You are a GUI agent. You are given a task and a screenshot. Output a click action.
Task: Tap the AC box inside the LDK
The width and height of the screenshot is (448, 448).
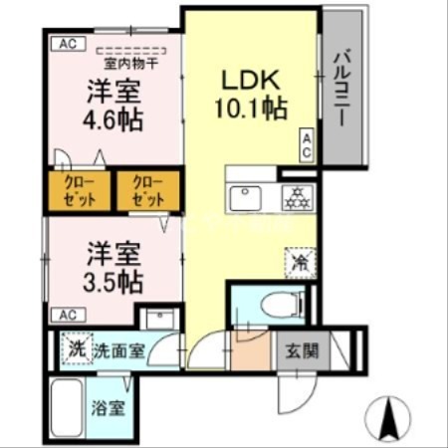[308, 144]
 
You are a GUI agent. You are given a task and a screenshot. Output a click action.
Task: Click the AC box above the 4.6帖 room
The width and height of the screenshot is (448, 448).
[66, 43]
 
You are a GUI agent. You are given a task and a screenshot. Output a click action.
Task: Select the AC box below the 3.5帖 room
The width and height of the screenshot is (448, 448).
[66, 315]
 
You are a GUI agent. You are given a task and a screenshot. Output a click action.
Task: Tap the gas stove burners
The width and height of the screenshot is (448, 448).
[296, 197]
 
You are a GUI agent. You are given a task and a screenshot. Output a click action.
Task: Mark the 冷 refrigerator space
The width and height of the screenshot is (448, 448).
[300, 262]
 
